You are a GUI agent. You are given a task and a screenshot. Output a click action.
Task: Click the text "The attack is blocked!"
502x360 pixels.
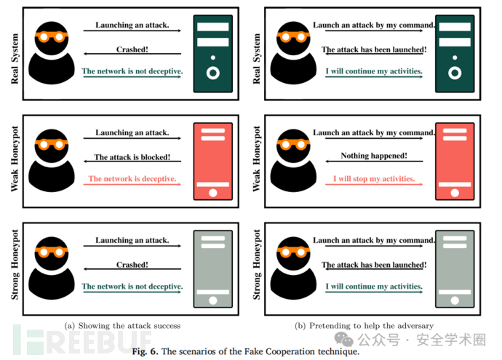(132, 157)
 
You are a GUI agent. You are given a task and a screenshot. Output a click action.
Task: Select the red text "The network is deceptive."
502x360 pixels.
(132, 179)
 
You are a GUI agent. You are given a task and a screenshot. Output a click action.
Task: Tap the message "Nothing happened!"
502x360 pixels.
(374, 156)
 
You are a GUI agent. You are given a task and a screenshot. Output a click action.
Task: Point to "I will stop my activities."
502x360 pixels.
(374, 179)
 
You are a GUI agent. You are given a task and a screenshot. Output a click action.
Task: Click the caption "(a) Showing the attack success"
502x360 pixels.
(122, 326)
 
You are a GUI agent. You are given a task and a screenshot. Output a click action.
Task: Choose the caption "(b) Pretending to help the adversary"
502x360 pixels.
(364, 326)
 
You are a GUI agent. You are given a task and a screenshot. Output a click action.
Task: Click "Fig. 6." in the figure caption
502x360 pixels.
(145, 351)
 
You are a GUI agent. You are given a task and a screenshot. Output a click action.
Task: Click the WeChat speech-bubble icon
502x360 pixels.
(343, 339)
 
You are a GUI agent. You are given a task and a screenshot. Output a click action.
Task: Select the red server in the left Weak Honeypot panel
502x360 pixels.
(213, 161)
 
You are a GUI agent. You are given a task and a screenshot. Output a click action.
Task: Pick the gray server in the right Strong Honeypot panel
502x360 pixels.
(455, 269)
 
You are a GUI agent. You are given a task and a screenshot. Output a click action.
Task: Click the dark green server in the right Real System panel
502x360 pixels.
(455, 54)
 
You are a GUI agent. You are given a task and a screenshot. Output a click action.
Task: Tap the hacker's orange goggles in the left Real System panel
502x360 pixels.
(52, 37)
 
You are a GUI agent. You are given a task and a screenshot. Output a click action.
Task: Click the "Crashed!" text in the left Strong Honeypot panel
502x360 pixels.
(132, 265)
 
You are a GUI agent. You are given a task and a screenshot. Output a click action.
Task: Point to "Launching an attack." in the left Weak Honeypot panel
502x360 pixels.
(132, 132)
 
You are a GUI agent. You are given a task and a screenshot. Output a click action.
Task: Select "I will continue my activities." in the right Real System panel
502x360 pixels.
(374, 71)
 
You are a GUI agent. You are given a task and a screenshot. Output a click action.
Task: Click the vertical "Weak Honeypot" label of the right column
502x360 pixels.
(257, 159)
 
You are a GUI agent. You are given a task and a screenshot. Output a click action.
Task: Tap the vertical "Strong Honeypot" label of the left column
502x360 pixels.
(15, 265)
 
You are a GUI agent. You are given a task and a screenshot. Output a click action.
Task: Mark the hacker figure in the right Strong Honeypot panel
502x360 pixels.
(293, 268)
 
